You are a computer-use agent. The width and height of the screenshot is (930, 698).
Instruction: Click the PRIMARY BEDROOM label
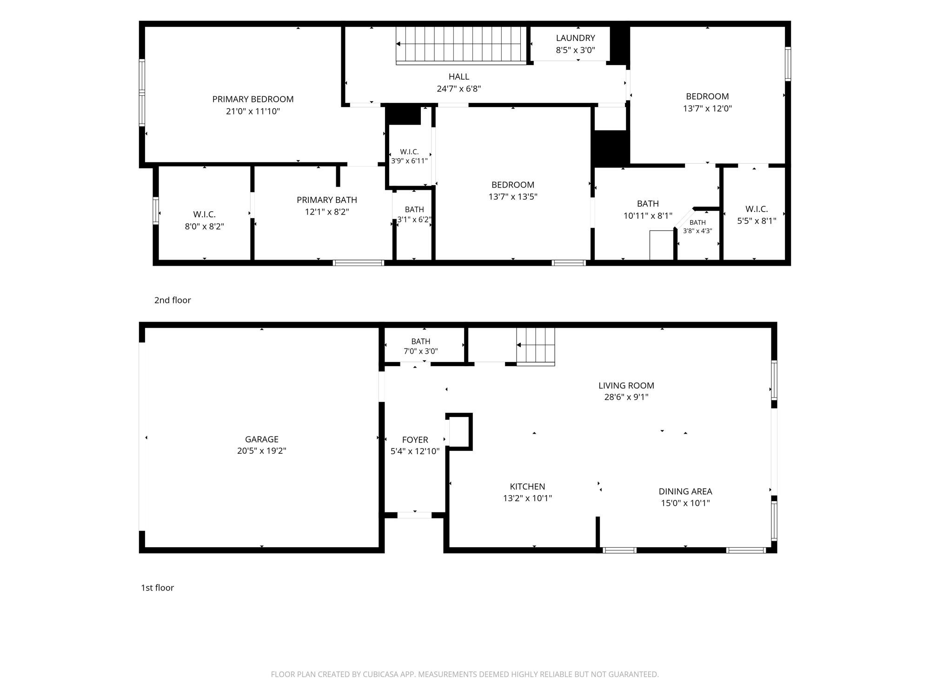pos(253,99)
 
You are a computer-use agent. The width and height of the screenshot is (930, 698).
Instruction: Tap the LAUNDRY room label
pos(576,38)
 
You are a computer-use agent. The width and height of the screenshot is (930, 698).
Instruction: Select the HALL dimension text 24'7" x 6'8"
pos(459,88)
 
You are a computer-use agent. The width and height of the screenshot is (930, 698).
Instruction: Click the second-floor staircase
pos(461,45)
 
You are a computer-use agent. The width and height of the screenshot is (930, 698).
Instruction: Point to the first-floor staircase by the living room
pos(536,346)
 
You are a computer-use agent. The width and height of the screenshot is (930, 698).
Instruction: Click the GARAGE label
pos(262,439)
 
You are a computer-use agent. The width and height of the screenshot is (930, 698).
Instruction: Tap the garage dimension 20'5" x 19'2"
pos(262,451)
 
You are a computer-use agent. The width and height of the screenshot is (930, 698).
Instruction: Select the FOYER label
pos(415,440)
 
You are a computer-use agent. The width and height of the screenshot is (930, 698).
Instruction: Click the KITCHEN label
pos(527,487)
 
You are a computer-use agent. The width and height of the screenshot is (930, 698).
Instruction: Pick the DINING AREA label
pos(685,491)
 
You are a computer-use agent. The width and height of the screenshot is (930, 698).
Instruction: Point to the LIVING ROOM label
pos(626,385)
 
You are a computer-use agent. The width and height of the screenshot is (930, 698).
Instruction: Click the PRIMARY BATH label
pos(327,200)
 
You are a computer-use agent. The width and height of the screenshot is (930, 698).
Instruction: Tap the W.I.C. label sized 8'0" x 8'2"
pos(205,215)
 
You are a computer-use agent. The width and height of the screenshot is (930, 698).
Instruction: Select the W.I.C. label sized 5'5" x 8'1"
pos(757,209)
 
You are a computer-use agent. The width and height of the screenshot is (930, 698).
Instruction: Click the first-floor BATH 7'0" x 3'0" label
pos(421,342)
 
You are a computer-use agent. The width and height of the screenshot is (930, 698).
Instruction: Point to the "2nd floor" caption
pos(173,300)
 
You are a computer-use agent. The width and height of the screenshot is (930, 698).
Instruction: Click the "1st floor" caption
pos(157,588)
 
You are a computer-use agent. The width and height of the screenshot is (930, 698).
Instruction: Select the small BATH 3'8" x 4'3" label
pos(697,222)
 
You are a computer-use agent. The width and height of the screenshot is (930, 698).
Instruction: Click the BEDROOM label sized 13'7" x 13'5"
pos(513,185)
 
